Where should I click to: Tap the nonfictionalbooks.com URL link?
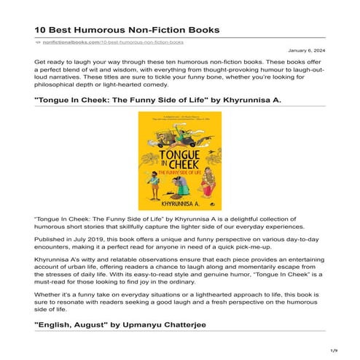point(86,44)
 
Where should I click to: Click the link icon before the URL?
point(38,44)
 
